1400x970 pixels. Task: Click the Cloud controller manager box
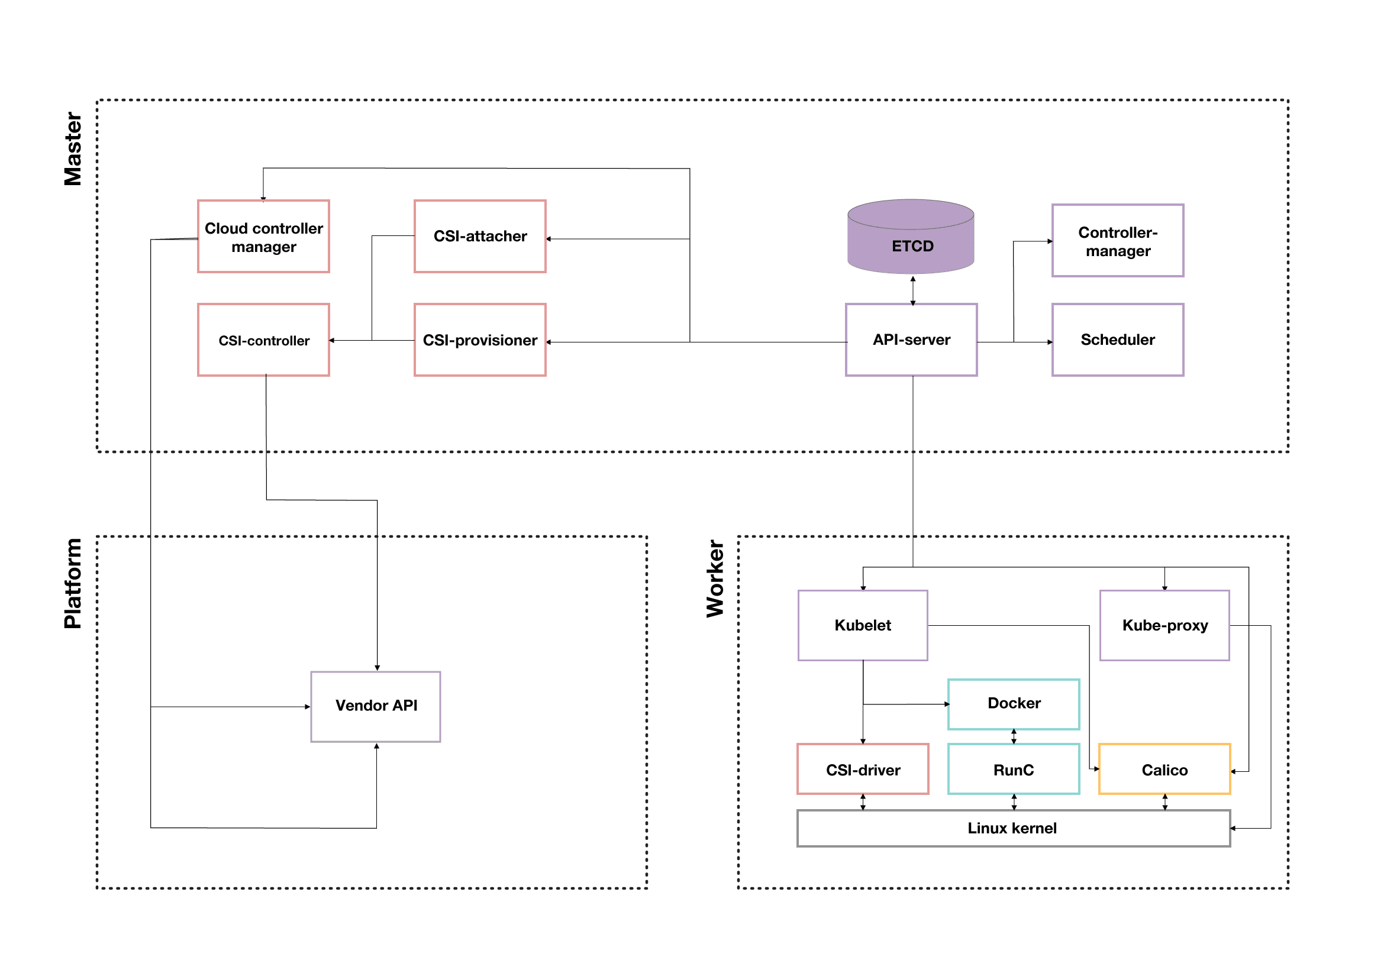click(263, 237)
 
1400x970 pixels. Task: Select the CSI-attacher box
click(480, 237)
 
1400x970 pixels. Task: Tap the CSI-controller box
click(263, 339)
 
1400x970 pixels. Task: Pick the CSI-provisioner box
click(480, 339)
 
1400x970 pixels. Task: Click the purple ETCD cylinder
click(911, 237)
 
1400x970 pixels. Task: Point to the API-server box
click(911, 339)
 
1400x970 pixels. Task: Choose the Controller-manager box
click(1117, 241)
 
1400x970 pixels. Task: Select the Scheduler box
click(1117, 339)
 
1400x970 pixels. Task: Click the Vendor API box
click(376, 706)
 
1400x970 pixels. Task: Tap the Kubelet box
click(863, 625)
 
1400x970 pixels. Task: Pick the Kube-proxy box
click(1164, 625)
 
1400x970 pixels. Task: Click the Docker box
click(1014, 704)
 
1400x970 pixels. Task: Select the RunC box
click(1014, 769)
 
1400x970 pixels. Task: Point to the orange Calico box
click(1164, 769)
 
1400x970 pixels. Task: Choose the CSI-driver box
click(863, 769)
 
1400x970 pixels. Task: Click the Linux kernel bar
click(1014, 828)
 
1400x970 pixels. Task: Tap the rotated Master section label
click(73, 148)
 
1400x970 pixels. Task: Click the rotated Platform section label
click(73, 583)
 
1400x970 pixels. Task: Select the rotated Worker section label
click(715, 578)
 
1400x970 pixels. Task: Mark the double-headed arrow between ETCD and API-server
click(912, 290)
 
